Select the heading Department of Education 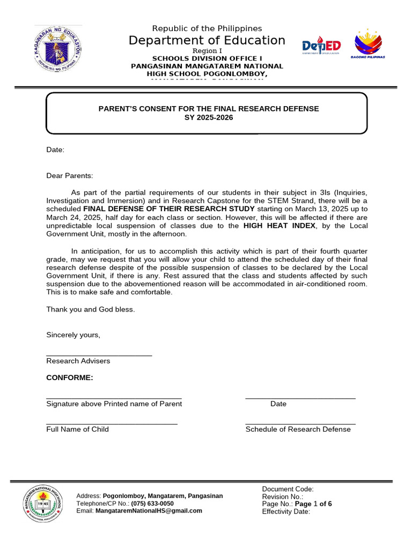207,40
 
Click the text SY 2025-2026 208,117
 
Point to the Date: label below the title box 55,150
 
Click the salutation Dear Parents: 70,175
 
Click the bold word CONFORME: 70,378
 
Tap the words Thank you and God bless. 91,309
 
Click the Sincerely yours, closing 73,335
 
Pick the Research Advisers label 78,361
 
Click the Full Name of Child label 78,429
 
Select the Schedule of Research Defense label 298,429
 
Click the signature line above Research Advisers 99,355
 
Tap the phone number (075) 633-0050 152,504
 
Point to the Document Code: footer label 288,489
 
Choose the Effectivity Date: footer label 286,511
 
